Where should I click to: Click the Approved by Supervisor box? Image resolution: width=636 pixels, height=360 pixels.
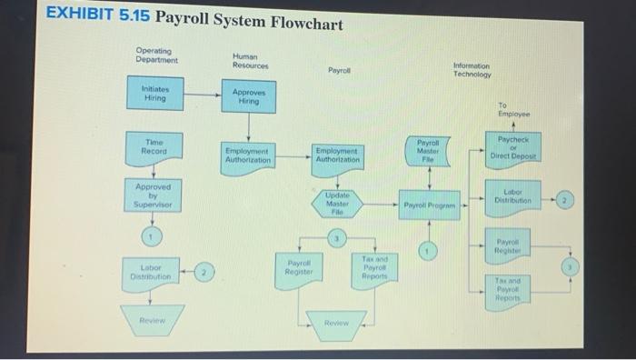(x=153, y=195)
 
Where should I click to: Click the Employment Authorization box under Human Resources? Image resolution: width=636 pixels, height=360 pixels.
(x=248, y=155)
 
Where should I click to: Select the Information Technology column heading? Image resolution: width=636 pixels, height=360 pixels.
(x=471, y=70)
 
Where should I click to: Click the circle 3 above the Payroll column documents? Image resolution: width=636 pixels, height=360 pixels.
(x=336, y=238)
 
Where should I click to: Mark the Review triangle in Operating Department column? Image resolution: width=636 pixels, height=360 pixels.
(x=153, y=320)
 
